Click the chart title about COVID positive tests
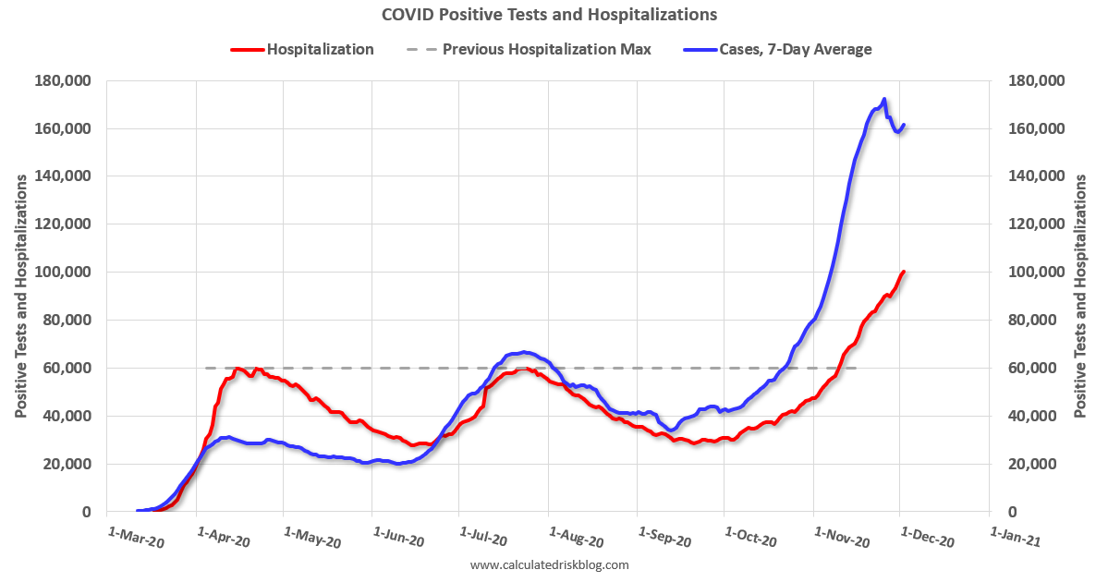click(548, 15)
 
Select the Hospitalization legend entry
click(320, 49)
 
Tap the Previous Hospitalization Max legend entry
click(546, 49)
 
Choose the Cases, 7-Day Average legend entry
click(795, 49)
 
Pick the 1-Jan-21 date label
click(1015, 538)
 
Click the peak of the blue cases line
click(884, 100)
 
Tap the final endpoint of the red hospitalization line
click(903, 272)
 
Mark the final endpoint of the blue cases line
click(903, 126)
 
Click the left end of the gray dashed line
click(206, 368)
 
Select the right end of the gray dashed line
click(857, 368)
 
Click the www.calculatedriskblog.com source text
click(549, 564)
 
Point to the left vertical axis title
click(19, 296)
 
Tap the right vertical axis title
click(1079, 296)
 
